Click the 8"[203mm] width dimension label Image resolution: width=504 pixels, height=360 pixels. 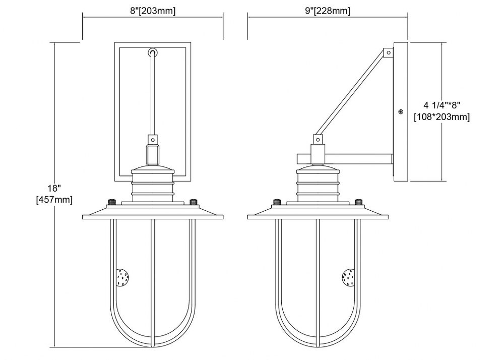click(x=153, y=11)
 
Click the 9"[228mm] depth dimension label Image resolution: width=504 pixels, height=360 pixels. click(x=328, y=11)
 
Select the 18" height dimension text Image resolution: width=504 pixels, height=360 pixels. click(x=54, y=188)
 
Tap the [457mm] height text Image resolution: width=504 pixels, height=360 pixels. click(x=54, y=200)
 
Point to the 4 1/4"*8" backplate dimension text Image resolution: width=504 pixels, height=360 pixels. click(x=442, y=105)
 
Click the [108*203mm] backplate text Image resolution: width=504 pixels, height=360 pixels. click(x=442, y=117)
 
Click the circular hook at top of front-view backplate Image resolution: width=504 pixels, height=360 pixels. click(x=153, y=52)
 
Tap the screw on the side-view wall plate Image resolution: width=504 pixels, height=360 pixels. click(x=401, y=111)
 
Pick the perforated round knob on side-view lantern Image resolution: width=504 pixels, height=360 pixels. click(x=348, y=277)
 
